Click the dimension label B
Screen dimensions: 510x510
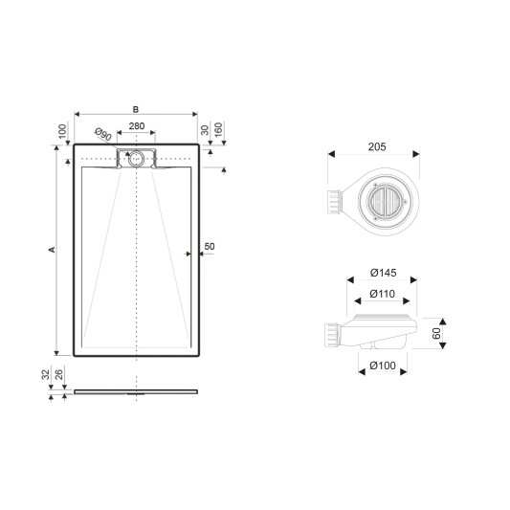[x=136, y=110]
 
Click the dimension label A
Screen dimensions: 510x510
[x=52, y=250]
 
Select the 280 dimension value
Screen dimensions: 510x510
[x=137, y=126]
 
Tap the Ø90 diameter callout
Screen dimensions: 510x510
[x=103, y=134]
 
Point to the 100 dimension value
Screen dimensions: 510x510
[x=62, y=131]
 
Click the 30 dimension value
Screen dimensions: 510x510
[x=205, y=130]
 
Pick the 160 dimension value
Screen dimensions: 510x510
[x=218, y=129]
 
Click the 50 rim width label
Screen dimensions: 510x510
[x=210, y=247]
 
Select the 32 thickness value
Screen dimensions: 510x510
[x=46, y=374]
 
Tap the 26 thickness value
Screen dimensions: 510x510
[x=59, y=374]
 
